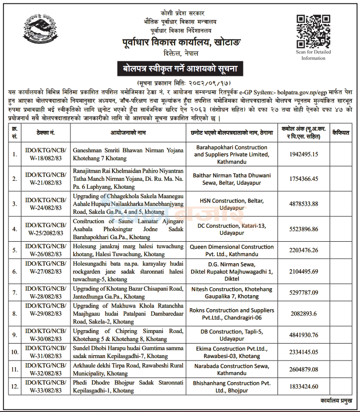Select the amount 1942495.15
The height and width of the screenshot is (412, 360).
click(x=307, y=155)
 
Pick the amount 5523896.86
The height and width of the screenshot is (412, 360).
click(x=307, y=229)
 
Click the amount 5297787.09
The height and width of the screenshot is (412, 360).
click(x=307, y=293)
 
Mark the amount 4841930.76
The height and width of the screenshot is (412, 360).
click(x=307, y=335)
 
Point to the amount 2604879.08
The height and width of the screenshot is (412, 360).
click(x=307, y=370)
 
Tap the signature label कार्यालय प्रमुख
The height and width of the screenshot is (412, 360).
click(x=336, y=401)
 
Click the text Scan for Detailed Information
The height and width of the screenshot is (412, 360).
click(x=313, y=55)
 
